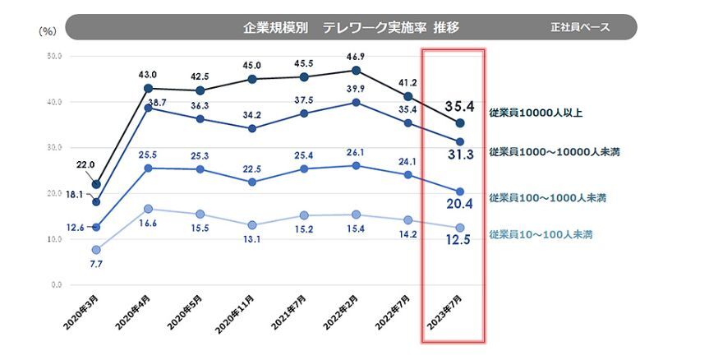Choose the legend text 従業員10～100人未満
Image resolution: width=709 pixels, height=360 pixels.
pyautogui.click(x=541, y=234)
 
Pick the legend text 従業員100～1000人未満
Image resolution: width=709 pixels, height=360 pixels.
pyautogui.click(x=546, y=198)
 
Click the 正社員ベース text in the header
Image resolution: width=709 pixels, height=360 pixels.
pyautogui.click(x=580, y=27)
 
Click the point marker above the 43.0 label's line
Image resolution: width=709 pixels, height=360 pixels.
pyautogui.click(x=148, y=88)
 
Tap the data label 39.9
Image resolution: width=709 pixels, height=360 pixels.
pyautogui.click(x=356, y=88)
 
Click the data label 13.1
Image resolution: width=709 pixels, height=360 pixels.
pyautogui.click(x=251, y=240)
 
